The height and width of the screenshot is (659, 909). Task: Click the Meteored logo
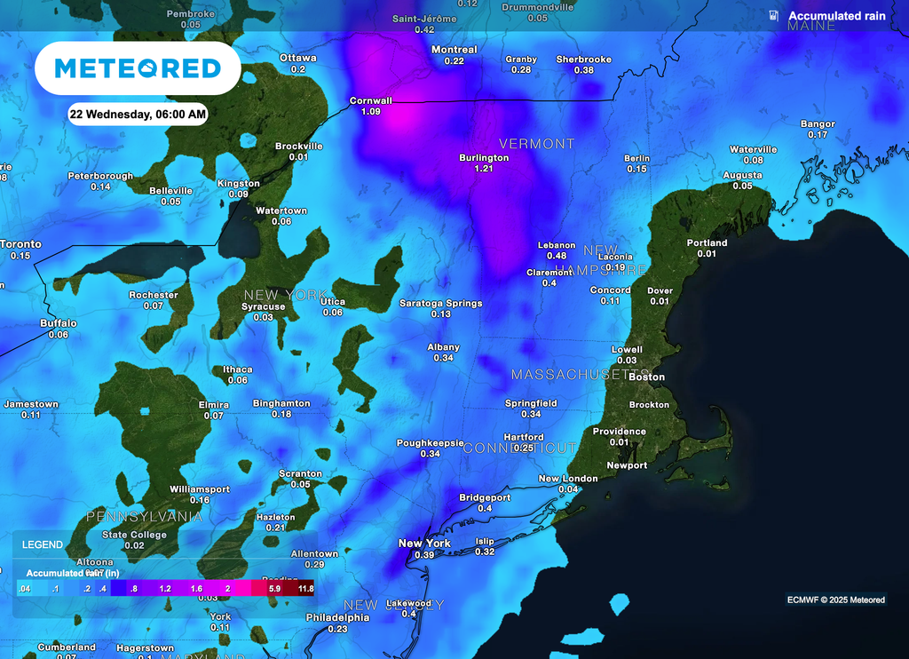click(138, 68)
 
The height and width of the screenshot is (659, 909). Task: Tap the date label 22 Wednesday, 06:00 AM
click(138, 114)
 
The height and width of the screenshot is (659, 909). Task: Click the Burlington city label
click(484, 157)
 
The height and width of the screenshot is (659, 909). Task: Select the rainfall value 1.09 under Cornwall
click(371, 112)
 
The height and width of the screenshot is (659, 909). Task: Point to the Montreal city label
click(454, 50)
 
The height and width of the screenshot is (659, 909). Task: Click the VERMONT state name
click(536, 143)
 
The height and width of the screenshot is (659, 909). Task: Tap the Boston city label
click(646, 377)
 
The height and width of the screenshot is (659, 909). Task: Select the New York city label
click(424, 544)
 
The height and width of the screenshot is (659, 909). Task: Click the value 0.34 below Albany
click(444, 358)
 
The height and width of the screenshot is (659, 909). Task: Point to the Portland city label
click(707, 242)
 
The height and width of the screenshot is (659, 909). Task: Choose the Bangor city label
click(818, 124)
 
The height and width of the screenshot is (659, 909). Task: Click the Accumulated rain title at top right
click(836, 16)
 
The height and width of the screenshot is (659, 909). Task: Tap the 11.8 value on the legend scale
click(305, 589)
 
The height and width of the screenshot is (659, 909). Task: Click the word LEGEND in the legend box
click(43, 544)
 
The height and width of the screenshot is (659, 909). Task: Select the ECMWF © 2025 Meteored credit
click(835, 600)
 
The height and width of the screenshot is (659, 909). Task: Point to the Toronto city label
click(20, 244)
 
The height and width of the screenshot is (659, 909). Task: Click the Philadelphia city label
click(337, 617)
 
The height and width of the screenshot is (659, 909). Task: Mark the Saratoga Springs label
click(441, 303)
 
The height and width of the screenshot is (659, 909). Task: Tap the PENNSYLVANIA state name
click(144, 515)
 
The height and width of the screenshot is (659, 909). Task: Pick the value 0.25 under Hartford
click(523, 449)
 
